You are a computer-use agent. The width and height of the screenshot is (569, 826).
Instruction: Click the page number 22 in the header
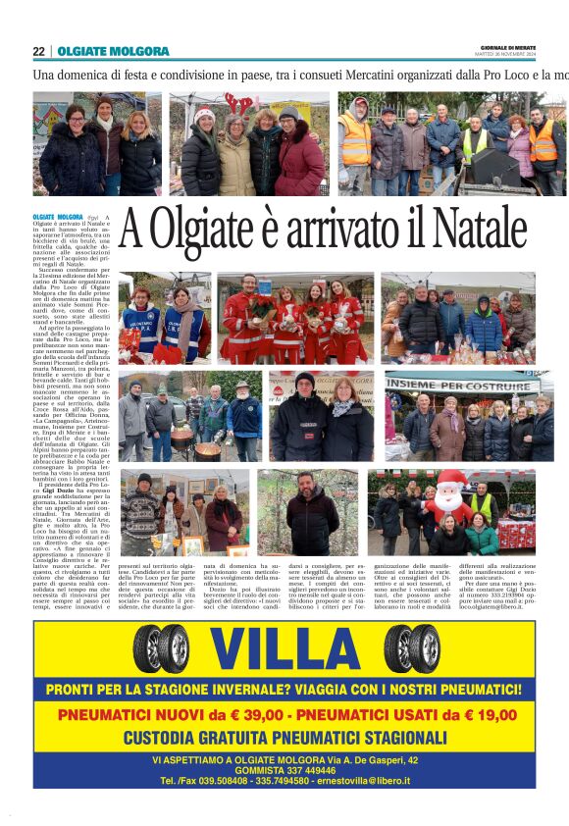coord(38,51)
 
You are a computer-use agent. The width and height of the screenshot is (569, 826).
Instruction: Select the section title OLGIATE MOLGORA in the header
coord(113,51)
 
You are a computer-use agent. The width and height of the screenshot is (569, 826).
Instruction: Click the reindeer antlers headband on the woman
coord(237,101)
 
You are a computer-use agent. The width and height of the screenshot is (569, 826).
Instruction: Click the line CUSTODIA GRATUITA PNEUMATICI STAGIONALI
coord(284,737)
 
